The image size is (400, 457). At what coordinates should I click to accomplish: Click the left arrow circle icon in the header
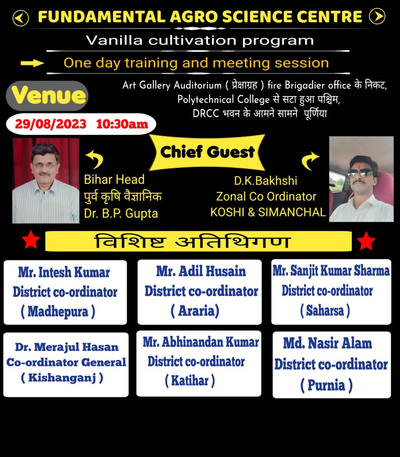click(x=21, y=18)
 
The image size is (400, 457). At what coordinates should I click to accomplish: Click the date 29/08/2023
click(x=51, y=124)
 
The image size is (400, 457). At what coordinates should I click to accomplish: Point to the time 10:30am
click(x=122, y=124)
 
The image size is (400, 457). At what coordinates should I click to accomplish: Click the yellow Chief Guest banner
click(x=207, y=152)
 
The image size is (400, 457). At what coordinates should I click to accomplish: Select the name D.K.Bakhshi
click(x=266, y=181)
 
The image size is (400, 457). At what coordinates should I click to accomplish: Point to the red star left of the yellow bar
click(x=31, y=240)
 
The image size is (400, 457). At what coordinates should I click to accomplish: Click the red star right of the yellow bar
click(x=366, y=241)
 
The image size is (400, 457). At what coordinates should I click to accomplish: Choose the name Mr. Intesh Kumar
click(x=64, y=272)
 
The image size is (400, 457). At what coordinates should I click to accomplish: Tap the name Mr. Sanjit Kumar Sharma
click(x=331, y=271)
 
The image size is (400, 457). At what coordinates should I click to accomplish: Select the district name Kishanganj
click(x=62, y=378)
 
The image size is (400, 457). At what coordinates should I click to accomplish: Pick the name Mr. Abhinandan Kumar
click(x=201, y=342)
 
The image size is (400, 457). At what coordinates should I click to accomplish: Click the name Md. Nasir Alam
click(x=328, y=343)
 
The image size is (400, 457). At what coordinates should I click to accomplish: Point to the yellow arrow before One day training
click(x=32, y=63)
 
